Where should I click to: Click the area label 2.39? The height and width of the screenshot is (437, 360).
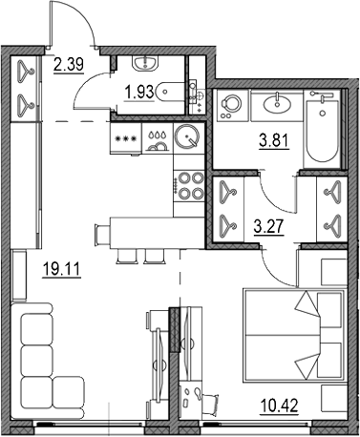click(68, 65)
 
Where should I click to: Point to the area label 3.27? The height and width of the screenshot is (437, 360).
click(272, 227)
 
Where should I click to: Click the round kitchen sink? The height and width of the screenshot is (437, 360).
click(187, 137)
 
